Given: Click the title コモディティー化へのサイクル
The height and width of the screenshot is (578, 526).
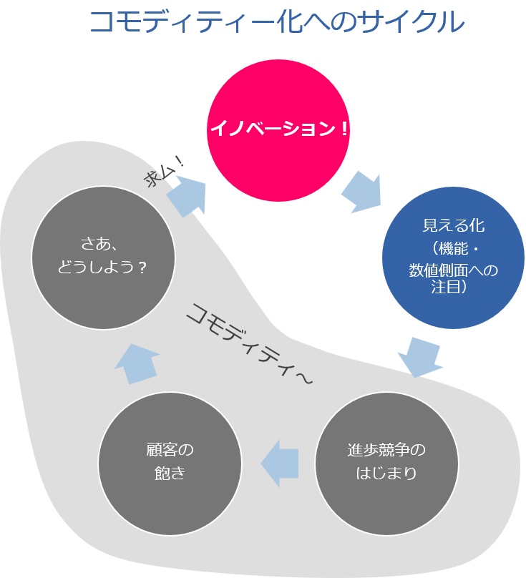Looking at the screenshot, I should point(276,22).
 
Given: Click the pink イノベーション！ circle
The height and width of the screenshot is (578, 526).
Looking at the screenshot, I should point(278,130).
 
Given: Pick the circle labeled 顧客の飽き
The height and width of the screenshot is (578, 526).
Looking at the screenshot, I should point(170,461).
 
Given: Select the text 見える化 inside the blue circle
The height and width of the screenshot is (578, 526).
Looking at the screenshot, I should point(453,226).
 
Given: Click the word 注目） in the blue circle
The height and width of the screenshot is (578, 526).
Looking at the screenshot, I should point(453,288).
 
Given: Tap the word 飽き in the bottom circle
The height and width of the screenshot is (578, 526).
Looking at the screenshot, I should point(170,473).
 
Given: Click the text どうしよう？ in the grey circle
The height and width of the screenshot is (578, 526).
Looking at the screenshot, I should point(103,267).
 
